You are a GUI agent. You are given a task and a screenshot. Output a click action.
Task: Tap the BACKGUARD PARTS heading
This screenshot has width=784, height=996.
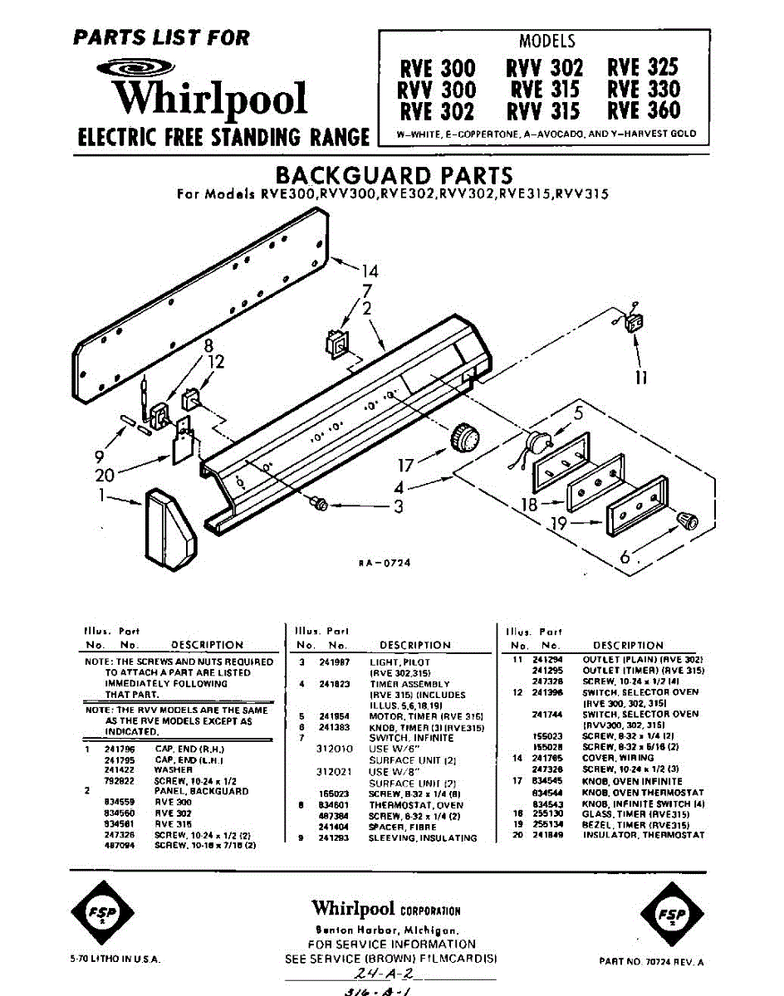point(393,176)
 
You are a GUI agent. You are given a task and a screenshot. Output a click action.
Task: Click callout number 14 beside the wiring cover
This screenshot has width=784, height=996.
point(369,271)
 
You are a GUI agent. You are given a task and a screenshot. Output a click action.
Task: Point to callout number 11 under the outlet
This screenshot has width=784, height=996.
point(640,378)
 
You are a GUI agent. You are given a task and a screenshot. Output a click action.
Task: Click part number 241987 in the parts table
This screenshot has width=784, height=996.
point(336,662)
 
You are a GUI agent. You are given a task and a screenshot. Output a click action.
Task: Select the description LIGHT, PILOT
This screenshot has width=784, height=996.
point(400,662)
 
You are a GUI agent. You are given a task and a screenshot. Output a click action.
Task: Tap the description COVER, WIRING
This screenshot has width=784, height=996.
point(618,759)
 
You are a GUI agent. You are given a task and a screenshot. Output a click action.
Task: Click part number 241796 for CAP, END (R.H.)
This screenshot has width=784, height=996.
point(114,749)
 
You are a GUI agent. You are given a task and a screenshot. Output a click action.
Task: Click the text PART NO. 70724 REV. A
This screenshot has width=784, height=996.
point(651,962)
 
